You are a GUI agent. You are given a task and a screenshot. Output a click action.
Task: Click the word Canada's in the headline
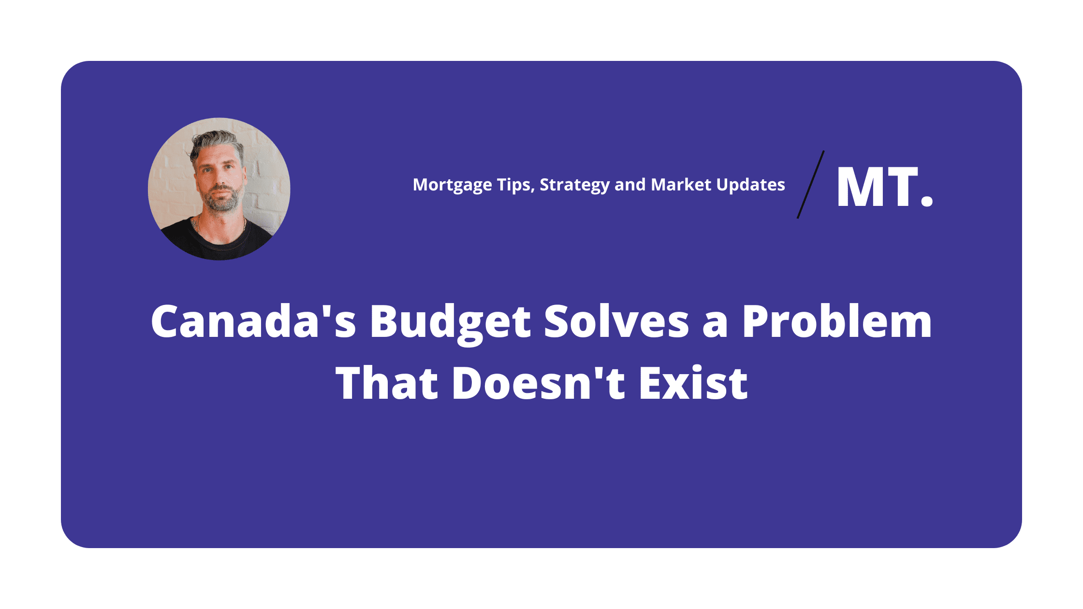tap(253, 320)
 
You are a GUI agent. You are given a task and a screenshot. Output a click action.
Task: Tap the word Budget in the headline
tap(451, 323)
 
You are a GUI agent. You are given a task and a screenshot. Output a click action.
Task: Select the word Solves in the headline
tap(616, 320)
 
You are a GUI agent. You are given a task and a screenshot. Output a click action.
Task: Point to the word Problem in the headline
tap(837, 320)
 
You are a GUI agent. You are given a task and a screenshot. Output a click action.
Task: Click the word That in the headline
tap(387, 383)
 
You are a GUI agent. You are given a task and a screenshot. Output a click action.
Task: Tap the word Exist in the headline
tap(693, 383)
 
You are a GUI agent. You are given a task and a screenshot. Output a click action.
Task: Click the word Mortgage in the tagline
tap(453, 185)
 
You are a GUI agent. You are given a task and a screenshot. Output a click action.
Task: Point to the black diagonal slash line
tap(811, 185)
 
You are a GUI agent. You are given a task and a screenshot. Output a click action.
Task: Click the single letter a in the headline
tap(716, 325)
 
